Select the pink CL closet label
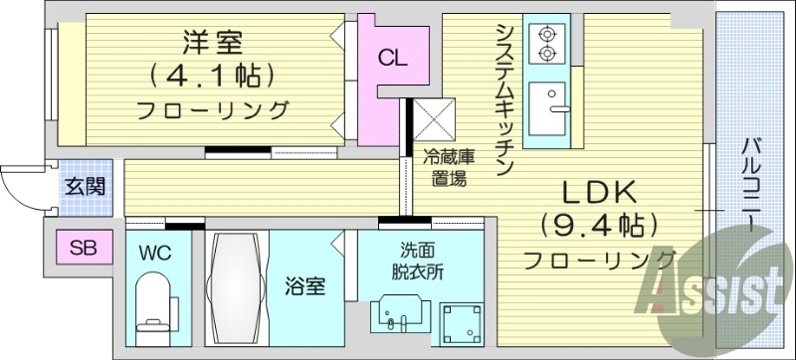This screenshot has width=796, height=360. tap(391, 58)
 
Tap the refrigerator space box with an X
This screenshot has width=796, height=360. tap(433, 120)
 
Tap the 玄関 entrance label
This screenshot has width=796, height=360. tap(83, 186)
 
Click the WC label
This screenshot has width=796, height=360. tap(156, 253)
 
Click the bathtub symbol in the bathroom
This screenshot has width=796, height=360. tap(235, 288)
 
